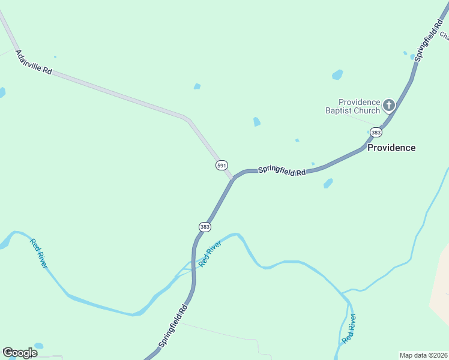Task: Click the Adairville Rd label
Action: click(x=34, y=62)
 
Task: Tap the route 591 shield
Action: click(x=221, y=165)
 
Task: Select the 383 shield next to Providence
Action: click(x=376, y=132)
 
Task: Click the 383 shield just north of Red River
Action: click(x=205, y=226)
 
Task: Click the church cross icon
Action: click(x=388, y=106)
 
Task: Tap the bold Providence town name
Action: click(x=391, y=148)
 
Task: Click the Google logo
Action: click(x=20, y=352)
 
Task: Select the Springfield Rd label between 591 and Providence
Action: click(x=282, y=171)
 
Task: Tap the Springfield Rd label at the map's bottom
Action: click(x=174, y=326)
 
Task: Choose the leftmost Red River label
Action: click(x=38, y=253)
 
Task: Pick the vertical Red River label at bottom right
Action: click(x=349, y=329)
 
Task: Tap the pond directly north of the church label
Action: click(x=337, y=75)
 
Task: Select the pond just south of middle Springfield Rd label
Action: click(x=328, y=184)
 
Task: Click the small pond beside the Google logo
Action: click(x=38, y=346)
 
